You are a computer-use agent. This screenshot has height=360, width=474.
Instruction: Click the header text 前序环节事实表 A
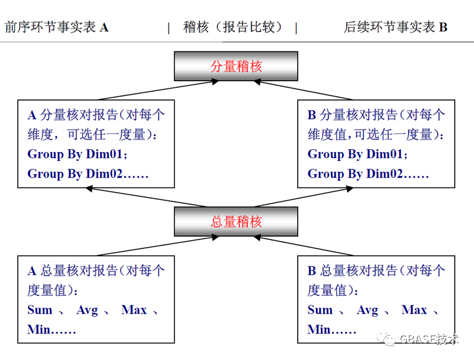point(56,27)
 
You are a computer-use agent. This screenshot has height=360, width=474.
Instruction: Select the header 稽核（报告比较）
point(233,27)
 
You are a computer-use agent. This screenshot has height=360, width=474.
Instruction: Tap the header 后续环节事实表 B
point(395,27)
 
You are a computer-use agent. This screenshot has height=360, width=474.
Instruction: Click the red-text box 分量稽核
point(236,67)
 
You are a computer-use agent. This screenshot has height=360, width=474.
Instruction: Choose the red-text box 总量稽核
point(236,222)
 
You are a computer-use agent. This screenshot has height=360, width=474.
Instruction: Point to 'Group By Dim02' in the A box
point(88,174)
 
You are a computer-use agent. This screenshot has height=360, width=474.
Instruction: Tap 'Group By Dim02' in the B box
point(368,174)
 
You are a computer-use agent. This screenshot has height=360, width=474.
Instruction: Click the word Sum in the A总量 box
point(40,310)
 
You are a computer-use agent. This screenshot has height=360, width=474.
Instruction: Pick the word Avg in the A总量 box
point(87,310)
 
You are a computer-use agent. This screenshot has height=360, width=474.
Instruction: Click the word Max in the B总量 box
point(414,310)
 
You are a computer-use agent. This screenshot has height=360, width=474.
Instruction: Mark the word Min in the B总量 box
point(319,330)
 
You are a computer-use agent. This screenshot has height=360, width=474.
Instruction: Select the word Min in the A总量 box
point(39,330)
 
